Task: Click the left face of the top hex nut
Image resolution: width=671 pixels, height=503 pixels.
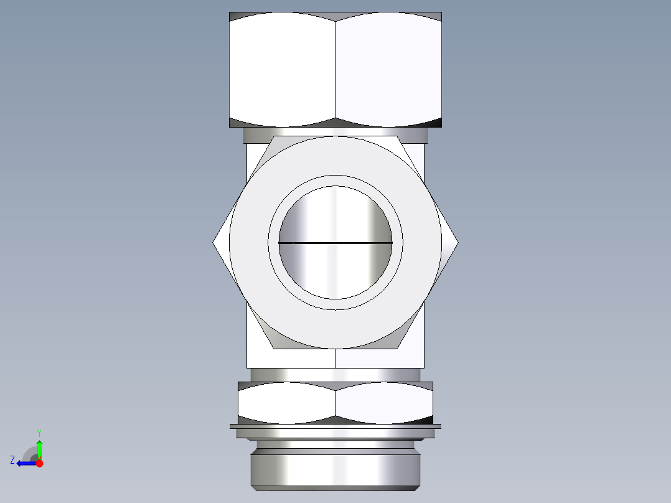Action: (282, 68)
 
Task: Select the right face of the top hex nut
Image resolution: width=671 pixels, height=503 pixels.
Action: (388, 68)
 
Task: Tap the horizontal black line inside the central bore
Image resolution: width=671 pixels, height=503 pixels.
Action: (335, 242)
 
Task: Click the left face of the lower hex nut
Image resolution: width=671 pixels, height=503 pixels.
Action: (286, 402)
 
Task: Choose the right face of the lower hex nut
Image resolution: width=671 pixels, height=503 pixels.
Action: (384, 402)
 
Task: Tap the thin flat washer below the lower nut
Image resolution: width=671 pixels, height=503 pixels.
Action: (335, 426)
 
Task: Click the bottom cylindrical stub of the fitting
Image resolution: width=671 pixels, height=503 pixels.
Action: (335, 470)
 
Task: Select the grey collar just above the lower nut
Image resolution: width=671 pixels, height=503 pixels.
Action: (335, 375)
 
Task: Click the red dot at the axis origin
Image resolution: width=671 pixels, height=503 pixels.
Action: (39, 463)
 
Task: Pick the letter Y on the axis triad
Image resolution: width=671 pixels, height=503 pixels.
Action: (39, 432)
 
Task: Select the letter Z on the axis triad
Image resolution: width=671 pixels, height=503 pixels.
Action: (12, 460)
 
